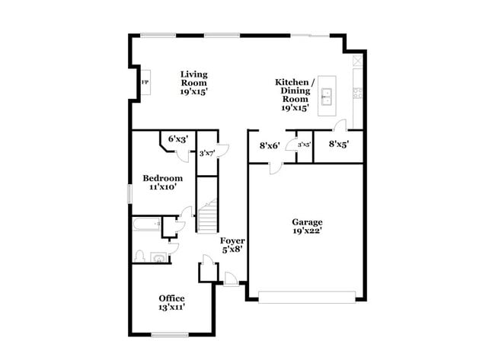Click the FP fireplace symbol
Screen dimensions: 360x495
(145, 82)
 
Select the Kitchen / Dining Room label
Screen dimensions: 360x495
(295, 94)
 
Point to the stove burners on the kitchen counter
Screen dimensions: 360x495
(357, 94)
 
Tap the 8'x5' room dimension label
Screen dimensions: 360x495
(339, 143)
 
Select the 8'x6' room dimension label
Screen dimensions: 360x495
(270, 145)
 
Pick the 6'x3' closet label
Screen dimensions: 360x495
(177, 139)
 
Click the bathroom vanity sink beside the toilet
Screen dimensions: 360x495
(158, 257)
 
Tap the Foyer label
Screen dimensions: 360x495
(232, 244)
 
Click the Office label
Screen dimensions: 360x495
(171, 302)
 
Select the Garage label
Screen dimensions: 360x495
(307, 226)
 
